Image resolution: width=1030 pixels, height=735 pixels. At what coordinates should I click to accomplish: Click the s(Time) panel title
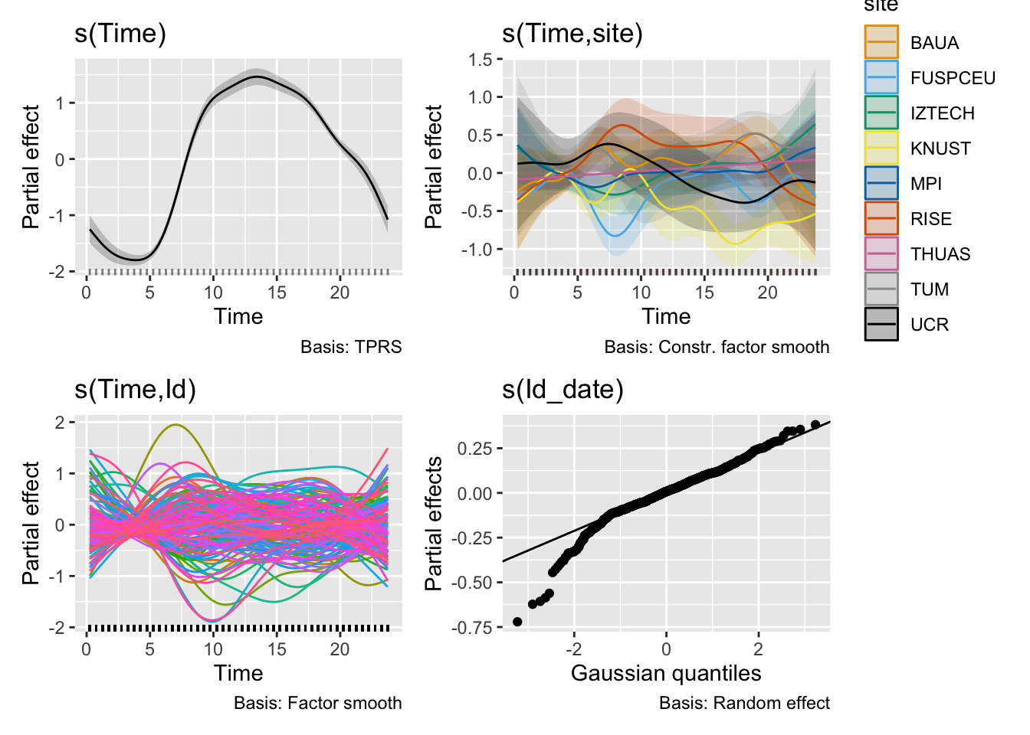point(120,34)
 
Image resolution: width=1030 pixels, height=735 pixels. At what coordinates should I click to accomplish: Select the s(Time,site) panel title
point(572,34)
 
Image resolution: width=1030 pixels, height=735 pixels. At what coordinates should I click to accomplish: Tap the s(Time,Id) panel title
point(135,390)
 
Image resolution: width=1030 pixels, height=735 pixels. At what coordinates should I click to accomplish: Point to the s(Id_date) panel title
point(563,390)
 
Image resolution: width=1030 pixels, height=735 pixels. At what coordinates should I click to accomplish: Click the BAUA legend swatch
point(881,42)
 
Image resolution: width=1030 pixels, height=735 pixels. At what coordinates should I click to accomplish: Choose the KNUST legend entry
point(940,149)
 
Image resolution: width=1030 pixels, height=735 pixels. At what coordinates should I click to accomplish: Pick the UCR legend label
point(930,325)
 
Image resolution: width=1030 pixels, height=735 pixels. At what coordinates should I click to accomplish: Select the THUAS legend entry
point(940,254)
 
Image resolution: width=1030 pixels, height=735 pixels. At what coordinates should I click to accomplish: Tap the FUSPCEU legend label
point(953,78)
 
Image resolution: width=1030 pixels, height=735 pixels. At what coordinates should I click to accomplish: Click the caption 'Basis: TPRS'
point(351,347)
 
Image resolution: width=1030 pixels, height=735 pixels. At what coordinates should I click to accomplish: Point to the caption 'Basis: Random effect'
point(744,703)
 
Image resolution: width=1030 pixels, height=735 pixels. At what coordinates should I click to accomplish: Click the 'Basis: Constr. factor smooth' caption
point(717,347)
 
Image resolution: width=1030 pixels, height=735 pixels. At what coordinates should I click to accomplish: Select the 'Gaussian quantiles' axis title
point(666,673)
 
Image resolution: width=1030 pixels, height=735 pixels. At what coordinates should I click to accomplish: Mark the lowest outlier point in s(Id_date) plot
point(517,622)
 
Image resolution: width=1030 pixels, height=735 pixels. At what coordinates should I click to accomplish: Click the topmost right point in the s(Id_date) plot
point(815,424)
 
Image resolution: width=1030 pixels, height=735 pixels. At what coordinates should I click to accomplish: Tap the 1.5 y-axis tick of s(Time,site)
point(481,60)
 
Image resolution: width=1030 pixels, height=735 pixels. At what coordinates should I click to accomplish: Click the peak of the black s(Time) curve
point(257,77)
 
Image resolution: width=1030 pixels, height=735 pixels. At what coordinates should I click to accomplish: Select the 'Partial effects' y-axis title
point(434,524)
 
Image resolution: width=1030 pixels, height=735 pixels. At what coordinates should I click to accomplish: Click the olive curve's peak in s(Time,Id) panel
point(176,424)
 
